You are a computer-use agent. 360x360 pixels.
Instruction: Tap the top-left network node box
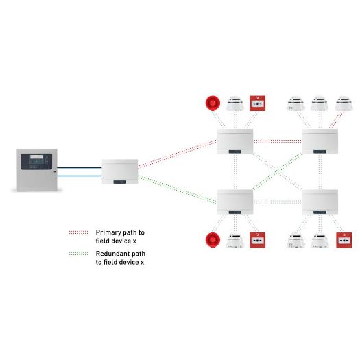[x=235, y=141]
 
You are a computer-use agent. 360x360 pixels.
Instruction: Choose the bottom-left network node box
[x=235, y=202]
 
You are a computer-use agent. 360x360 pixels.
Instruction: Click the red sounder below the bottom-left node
[x=212, y=241]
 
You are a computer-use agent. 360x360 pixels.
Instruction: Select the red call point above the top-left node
[x=258, y=104]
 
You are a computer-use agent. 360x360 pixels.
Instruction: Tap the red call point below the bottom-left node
[x=258, y=241]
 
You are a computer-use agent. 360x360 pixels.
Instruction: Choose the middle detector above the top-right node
[x=320, y=104]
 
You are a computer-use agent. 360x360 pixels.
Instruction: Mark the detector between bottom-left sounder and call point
[x=235, y=241]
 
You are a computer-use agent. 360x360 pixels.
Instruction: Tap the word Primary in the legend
[x=108, y=232]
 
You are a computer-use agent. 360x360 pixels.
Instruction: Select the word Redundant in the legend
[x=112, y=254]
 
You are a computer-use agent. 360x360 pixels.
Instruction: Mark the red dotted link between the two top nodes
[x=277, y=141]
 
